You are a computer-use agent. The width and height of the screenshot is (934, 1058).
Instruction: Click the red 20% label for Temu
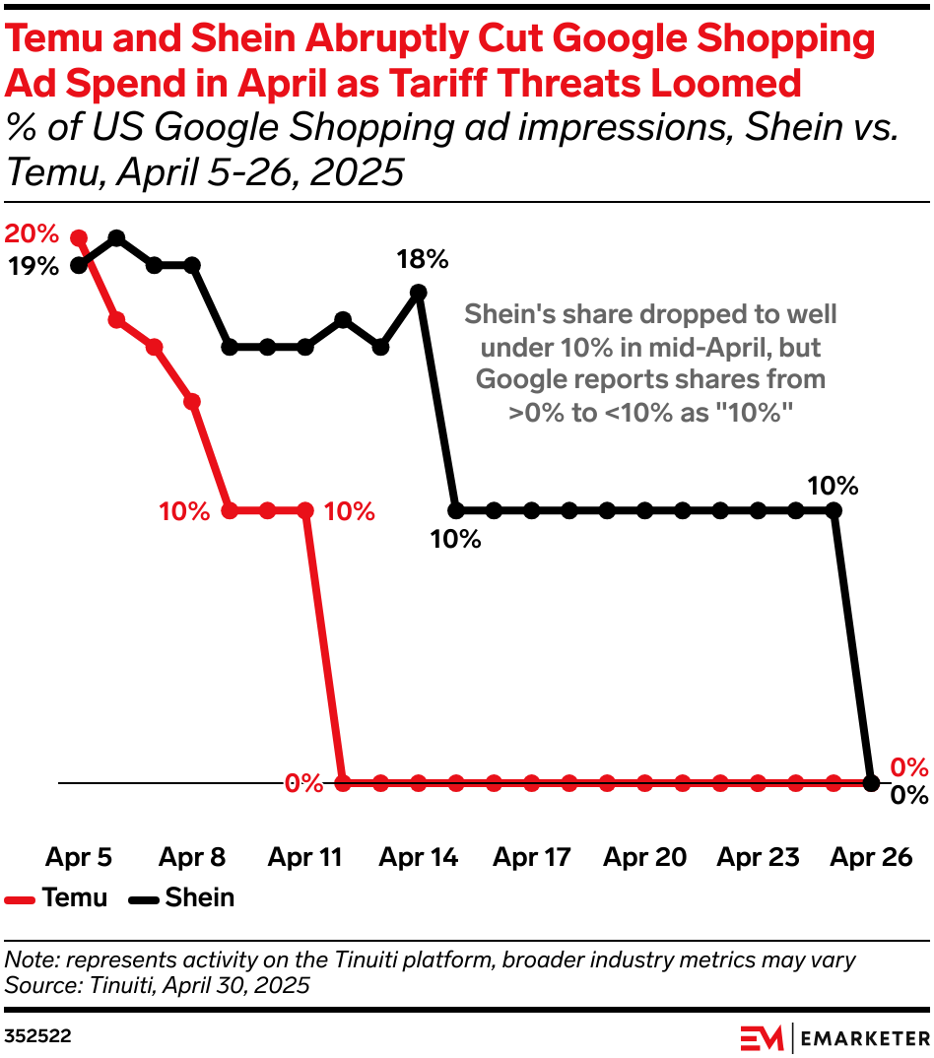pos(32,234)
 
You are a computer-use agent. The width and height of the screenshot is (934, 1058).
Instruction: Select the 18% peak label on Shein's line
pos(423,260)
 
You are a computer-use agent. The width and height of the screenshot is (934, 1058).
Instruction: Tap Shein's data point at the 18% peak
pos(418,292)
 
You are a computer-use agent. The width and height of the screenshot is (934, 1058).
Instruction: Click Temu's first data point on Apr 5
pos(80,238)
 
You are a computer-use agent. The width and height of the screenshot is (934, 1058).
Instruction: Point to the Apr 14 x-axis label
pos(419,857)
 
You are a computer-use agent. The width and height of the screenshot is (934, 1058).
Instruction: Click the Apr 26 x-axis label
pos(871,857)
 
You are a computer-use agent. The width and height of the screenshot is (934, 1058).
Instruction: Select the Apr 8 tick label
pos(192,857)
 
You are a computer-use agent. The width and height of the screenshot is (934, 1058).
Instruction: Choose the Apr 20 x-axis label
pos(644,857)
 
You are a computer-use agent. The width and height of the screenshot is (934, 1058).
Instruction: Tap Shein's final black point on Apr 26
pos(871,783)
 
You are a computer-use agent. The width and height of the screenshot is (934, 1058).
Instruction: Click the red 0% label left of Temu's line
pos(303,784)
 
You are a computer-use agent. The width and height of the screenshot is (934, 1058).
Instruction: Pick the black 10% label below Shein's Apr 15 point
pos(455,539)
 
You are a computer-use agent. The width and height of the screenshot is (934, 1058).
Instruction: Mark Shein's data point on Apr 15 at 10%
pos(456,510)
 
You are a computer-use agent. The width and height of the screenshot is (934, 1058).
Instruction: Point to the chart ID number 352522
pos(37,1036)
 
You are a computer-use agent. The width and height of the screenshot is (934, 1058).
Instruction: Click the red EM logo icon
pos(762,1037)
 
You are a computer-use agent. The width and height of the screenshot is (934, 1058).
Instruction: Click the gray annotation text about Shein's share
pos(650,364)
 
